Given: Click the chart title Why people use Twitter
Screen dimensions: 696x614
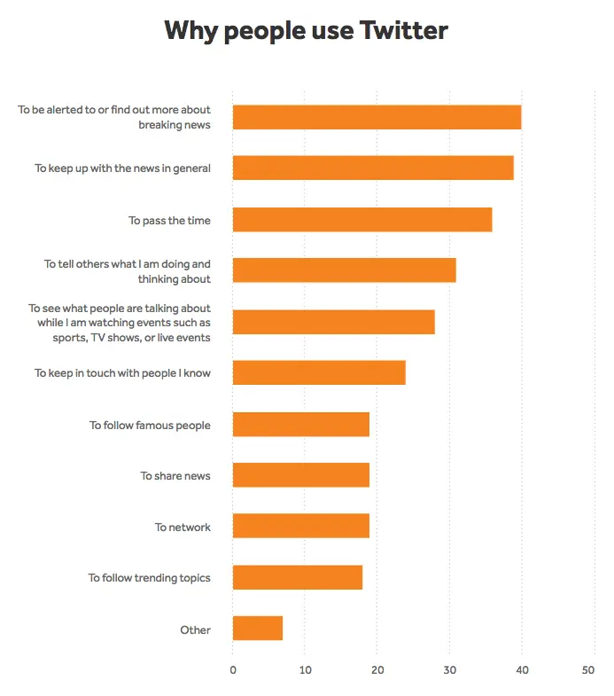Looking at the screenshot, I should click(307, 31).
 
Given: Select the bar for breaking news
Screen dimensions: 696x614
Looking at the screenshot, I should click(377, 117).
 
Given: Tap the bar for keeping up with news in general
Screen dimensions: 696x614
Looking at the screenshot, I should click(373, 168).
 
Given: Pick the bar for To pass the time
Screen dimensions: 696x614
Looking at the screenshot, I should click(362, 220).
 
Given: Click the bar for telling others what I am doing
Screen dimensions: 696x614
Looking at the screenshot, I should click(344, 270).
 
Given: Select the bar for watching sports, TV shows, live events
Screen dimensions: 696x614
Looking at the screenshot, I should click(333, 322).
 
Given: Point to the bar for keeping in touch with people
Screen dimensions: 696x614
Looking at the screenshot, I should click(319, 372).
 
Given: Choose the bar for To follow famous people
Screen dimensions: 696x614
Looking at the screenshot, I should click(301, 424).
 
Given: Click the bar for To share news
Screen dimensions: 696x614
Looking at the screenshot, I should click(301, 475).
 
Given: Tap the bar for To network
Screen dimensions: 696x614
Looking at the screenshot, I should click(301, 527).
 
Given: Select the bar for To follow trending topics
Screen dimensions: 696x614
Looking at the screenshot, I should click(298, 578).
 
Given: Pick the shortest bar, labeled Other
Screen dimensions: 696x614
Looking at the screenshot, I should click(258, 629).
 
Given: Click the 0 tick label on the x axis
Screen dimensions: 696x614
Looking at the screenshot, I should click(233, 670).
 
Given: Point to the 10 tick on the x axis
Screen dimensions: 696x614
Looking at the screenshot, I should click(305, 670).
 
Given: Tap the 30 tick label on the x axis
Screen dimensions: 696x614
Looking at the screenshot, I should click(449, 670).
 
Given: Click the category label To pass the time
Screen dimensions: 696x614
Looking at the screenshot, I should click(169, 221).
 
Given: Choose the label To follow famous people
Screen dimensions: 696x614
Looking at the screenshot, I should click(150, 426).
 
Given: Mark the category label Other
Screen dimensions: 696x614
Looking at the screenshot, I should click(195, 630).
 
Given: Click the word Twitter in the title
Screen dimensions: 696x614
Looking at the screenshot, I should click(403, 31).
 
